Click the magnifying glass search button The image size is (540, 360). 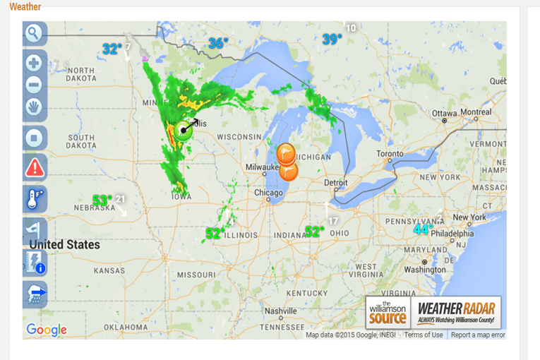tap(34, 32)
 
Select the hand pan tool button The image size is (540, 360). tap(34, 107)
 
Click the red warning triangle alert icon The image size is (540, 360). tap(35, 168)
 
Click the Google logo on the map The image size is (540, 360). tap(47, 330)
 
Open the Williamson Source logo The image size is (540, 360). tap(388, 312)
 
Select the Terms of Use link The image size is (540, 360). tap(424, 335)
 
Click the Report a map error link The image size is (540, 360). tap(478, 335)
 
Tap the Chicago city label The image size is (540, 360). tap(268, 193)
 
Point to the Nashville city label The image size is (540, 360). tap(280, 311)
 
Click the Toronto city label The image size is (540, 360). tap(390, 153)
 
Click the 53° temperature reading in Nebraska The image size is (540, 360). tap(102, 200)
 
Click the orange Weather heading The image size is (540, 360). tap(25, 7)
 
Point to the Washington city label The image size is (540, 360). tap(425, 270)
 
